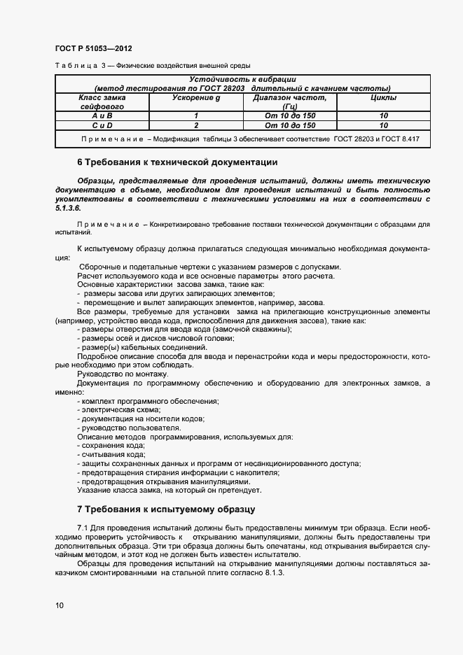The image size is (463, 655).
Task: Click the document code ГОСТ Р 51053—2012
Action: [x=93, y=49]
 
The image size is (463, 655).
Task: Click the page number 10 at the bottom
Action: [x=59, y=605]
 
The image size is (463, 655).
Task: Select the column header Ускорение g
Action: [x=197, y=98]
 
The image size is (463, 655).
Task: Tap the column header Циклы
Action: [x=383, y=98]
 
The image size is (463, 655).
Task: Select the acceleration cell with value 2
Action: [x=197, y=125]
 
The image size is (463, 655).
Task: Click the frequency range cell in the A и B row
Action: [x=290, y=115]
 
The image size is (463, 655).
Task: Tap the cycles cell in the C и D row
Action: [x=383, y=125]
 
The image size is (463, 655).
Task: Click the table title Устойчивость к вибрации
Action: [x=242, y=80]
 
